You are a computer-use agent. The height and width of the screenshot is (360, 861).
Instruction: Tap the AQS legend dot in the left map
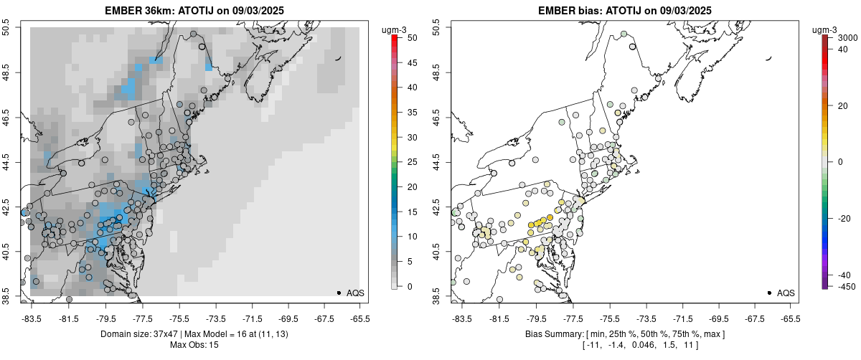339,293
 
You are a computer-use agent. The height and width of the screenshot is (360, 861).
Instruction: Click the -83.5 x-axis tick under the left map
32,318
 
